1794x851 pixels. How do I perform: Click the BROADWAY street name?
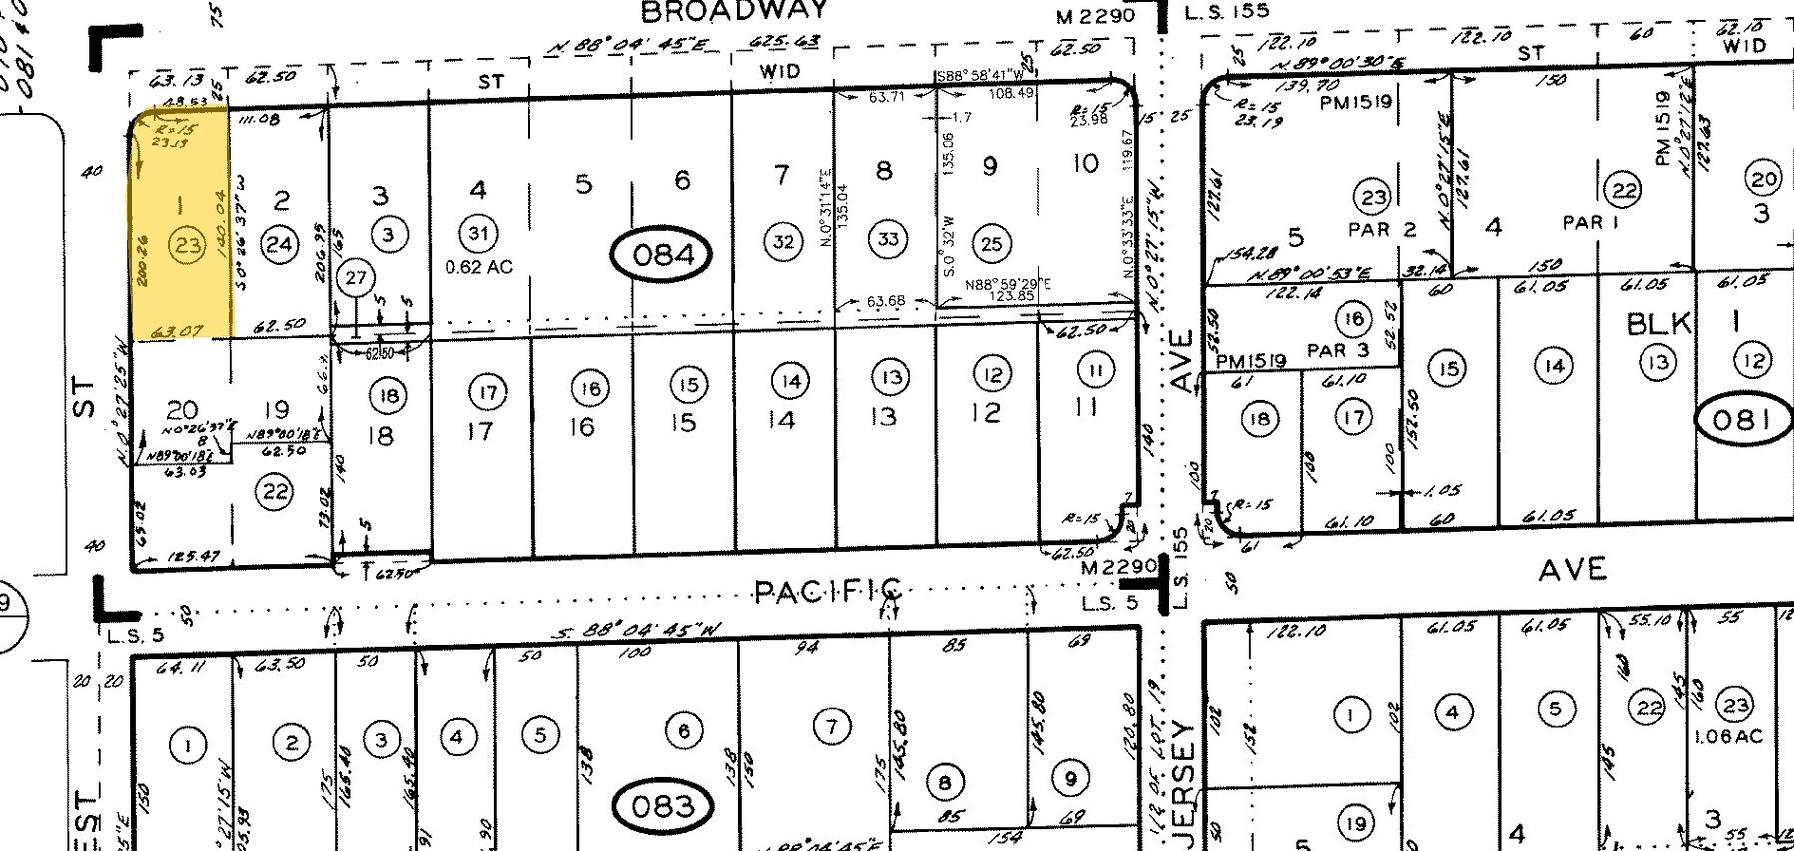pos(734,11)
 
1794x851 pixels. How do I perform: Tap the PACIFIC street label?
pos(828,592)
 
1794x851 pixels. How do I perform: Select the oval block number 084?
pos(663,255)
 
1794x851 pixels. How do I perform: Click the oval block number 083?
pos(662,805)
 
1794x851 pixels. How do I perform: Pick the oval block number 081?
pos(1740,420)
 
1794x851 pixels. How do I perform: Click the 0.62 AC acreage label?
pos(478,267)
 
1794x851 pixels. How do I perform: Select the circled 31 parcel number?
pos(478,234)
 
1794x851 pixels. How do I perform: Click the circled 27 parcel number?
pos(356,278)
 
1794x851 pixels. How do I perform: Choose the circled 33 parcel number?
pos(887,239)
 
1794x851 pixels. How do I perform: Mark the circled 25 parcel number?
pos(990,242)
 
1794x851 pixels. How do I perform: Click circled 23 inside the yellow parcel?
pos(187,244)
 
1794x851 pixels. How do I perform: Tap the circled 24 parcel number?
pos(280,244)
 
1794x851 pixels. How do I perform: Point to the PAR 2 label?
pos(1381,230)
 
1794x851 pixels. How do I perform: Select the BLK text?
pos(1659,323)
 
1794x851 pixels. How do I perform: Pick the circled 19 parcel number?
pos(1354,823)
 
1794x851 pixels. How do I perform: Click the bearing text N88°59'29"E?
pos(1008,284)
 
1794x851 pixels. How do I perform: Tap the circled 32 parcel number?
pos(784,241)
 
